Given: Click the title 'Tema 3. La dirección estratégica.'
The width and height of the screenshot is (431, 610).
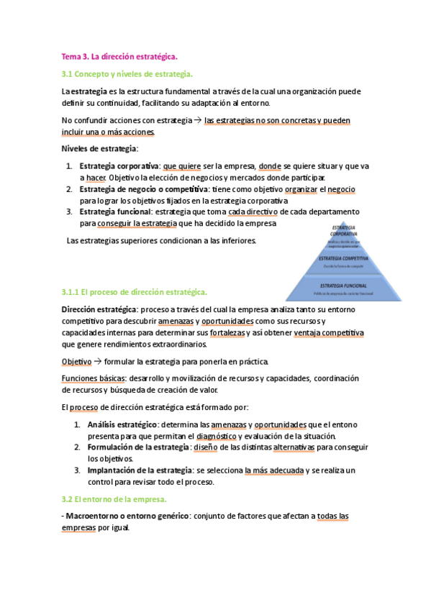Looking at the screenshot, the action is click(119, 56).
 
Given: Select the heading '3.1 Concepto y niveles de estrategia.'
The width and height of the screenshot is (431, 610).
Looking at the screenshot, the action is click(127, 74).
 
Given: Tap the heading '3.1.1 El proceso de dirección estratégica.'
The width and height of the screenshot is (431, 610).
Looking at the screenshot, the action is click(135, 292).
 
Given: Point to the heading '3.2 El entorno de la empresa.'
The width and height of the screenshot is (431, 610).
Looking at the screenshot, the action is click(114, 499).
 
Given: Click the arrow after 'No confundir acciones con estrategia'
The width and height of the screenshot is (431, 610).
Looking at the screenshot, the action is click(198, 121).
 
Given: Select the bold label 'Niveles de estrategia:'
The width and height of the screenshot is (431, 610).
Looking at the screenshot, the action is click(100, 149).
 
